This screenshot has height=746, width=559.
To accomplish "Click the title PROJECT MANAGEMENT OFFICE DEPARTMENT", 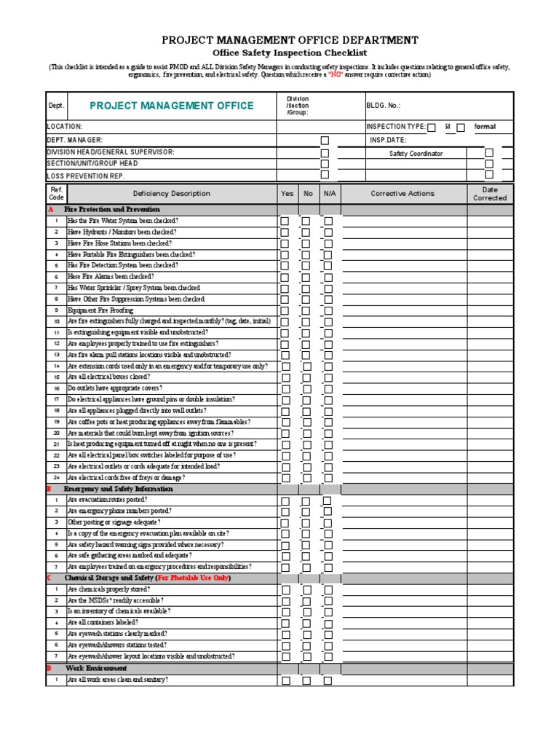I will pyautogui.click(x=290, y=40).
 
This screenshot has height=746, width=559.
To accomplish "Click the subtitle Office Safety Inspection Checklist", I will pyautogui.click(x=290, y=53).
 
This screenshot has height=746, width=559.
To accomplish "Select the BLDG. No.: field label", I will pyautogui.click(x=384, y=106).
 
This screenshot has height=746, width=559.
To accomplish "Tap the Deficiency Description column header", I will pyautogui.click(x=171, y=194).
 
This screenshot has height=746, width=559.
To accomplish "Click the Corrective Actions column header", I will pyautogui.click(x=403, y=194).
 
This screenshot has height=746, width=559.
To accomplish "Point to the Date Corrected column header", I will pyautogui.click(x=490, y=194).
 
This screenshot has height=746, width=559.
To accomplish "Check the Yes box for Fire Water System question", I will pyautogui.click(x=285, y=221).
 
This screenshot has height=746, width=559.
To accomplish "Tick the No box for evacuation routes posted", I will pyautogui.click(x=306, y=501).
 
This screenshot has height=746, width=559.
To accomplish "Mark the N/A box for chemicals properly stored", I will pyautogui.click(x=328, y=590).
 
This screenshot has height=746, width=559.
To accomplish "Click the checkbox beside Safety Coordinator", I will pyautogui.click(x=489, y=153).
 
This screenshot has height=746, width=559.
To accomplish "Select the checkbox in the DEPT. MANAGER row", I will pyautogui.click(x=325, y=141).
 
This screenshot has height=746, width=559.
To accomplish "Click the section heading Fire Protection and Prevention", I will pyautogui.click(x=112, y=210).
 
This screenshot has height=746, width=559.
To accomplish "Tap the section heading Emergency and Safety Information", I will pyautogui.click(x=119, y=490).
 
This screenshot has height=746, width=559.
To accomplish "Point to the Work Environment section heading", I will pyautogui.click(x=96, y=668).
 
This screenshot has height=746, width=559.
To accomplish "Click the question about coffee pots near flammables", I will pyautogui.click(x=159, y=422).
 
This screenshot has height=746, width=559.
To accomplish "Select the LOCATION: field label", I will pyautogui.click(x=65, y=127).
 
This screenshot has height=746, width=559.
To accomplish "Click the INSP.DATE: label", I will pyautogui.click(x=387, y=140).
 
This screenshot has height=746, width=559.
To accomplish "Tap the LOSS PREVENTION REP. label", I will pyautogui.click(x=86, y=176).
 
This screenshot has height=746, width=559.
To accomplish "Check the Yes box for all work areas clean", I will pyautogui.click(x=285, y=680).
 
